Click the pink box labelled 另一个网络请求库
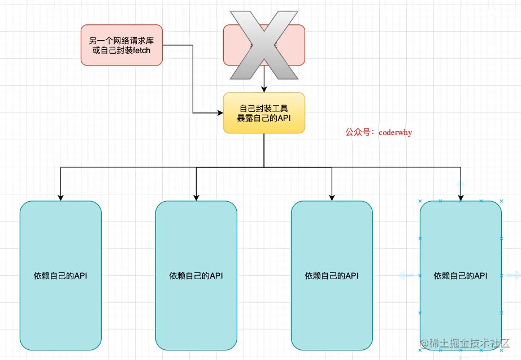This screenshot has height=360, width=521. (121, 44)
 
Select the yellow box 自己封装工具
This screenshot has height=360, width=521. (264, 112)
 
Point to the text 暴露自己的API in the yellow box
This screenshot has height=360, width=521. (264, 118)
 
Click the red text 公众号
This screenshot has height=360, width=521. (358, 132)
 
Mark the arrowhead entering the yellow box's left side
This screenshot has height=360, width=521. (220, 113)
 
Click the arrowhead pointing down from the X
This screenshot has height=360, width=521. (264, 89)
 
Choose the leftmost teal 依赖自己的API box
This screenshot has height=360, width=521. (60, 275)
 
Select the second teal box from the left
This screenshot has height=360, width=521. (196, 275)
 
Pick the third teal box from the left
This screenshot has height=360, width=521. (332, 275)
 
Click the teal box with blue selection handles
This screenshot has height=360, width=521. (461, 275)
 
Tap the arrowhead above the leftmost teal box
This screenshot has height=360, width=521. (60, 197)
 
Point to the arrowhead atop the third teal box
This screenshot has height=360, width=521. (332, 197)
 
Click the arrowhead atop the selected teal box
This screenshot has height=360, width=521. (461, 197)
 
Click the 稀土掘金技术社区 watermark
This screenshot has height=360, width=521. (468, 343)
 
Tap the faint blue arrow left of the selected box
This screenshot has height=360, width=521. (406, 275)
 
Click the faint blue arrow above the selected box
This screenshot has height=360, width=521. (461, 185)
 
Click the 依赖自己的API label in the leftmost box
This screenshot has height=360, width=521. (60, 276)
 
